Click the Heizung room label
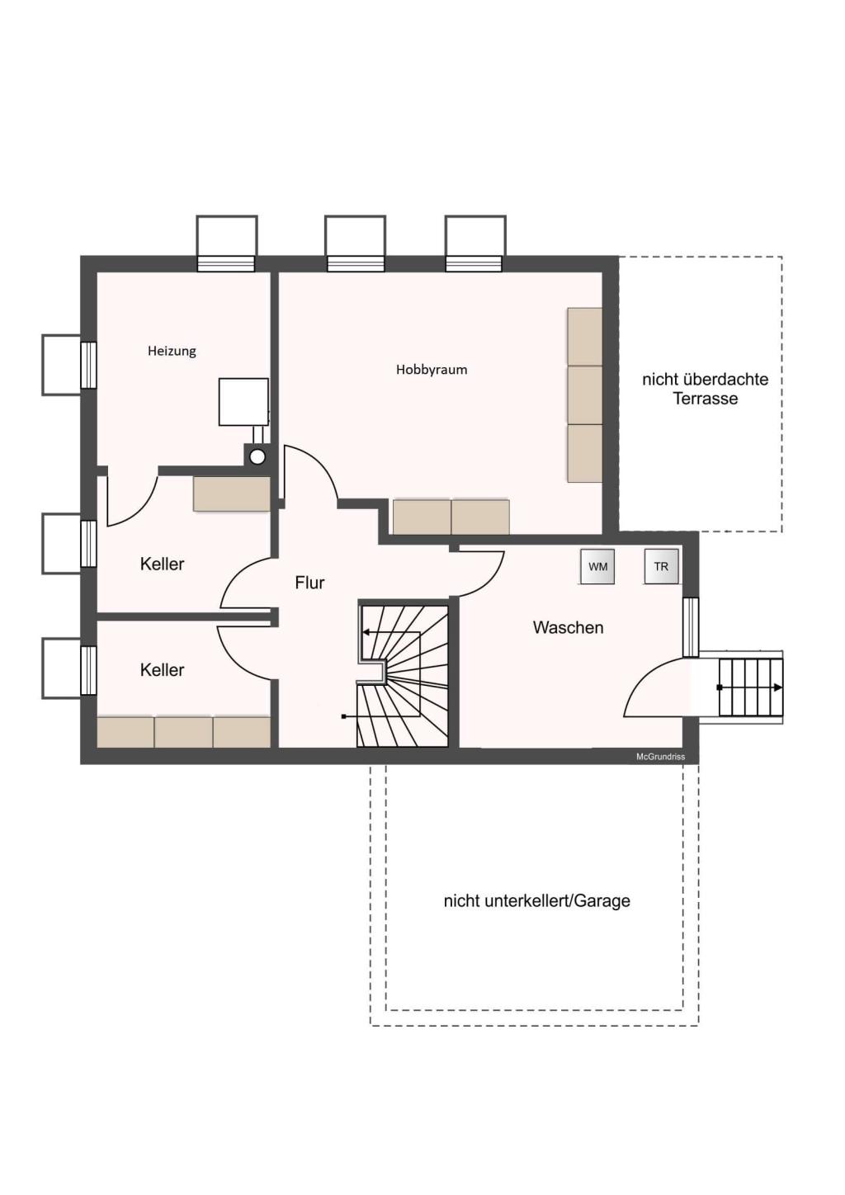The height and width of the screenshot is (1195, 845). (x=172, y=351)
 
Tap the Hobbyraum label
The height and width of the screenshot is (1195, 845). (x=432, y=370)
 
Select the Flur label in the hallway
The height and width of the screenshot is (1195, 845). (x=309, y=583)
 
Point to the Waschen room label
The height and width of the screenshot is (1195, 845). (x=568, y=627)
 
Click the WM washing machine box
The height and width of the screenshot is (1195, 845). (x=597, y=567)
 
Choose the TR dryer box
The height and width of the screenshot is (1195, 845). (x=661, y=567)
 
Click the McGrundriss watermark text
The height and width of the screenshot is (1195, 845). (x=660, y=757)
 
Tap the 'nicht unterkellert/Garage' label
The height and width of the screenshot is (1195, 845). (x=536, y=901)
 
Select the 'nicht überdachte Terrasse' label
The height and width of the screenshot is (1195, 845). (x=705, y=389)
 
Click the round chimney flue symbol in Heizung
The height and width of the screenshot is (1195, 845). (x=257, y=456)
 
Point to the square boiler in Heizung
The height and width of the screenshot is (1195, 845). (x=243, y=402)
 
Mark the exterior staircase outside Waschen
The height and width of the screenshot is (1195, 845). (x=749, y=687)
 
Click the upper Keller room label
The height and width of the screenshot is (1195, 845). (x=162, y=564)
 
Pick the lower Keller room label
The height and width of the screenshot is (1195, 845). (x=162, y=670)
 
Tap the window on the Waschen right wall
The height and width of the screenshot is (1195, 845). (x=691, y=627)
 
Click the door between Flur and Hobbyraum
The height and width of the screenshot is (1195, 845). (x=309, y=475)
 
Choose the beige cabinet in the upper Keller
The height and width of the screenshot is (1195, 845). (x=232, y=494)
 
